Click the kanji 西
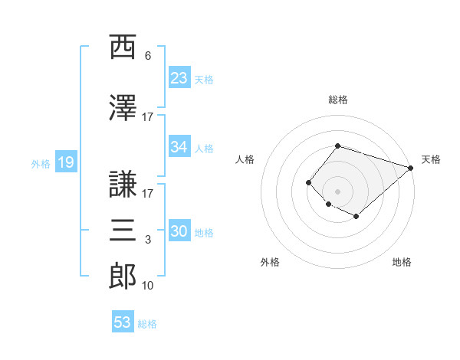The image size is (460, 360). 123,47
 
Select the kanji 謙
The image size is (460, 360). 123,183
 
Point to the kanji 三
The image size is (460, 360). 123,230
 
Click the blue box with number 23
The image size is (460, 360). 179,77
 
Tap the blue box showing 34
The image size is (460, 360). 179,147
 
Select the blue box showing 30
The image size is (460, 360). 179,232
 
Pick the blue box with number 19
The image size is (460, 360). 64,162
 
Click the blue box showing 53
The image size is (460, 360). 122,322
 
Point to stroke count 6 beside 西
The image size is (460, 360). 148,56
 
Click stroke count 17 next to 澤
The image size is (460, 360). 148,116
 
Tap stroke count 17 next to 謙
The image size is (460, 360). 148,193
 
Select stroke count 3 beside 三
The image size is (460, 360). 148,241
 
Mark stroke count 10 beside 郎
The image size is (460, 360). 148,286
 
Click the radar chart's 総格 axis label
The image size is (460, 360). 337,100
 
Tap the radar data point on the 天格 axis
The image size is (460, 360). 412,168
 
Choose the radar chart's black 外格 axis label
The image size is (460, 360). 270,262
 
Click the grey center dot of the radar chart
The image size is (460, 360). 337,191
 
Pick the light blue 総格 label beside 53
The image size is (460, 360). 147,324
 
